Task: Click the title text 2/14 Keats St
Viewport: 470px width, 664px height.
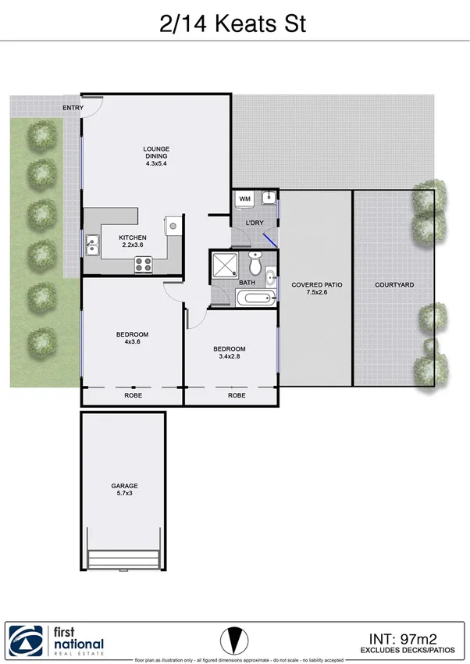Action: [233, 23]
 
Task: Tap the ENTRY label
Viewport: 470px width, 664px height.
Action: [73, 108]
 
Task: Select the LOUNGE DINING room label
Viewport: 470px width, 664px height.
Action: [156, 156]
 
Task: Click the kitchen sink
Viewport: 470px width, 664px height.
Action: [92, 246]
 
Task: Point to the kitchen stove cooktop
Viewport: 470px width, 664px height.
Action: [144, 266]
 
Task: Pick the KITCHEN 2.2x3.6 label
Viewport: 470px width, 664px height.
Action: [133, 241]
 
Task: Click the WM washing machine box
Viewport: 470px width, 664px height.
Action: [244, 200]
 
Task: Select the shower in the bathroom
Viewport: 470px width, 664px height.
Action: [225, 264]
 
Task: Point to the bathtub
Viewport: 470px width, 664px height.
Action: [255, 298]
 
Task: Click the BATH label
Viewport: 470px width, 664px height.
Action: [247, 283]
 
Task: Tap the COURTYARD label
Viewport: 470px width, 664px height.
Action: [394, 285]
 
